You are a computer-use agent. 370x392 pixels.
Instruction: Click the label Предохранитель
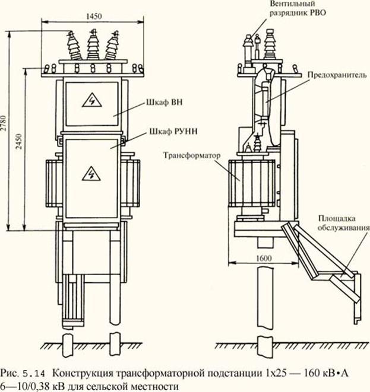point(334,76)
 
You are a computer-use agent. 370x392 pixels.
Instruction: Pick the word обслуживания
point(343,227)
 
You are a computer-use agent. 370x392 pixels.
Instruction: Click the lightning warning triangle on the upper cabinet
point(92,100)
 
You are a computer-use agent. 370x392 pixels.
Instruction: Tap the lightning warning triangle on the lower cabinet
point(91,173)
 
